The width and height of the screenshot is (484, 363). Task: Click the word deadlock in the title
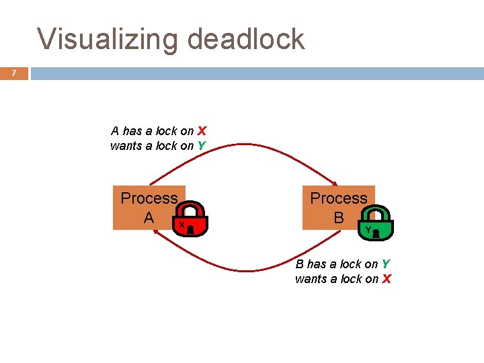(x=245, y=39)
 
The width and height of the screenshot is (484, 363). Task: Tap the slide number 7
(x=13, y=73)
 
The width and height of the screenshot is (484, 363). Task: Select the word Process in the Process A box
(x=149, y=198)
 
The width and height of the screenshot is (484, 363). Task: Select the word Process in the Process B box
(x=338, y=198)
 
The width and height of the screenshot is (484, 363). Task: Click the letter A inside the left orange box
(x=149, y=218)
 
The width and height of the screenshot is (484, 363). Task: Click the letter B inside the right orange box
(x=338, y=218)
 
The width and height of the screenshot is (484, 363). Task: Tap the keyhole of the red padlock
(x=190, y=229)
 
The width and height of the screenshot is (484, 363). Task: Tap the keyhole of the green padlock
(x=376, y=233)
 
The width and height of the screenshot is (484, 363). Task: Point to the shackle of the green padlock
(x=378, y=212)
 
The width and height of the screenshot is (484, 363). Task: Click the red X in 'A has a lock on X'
(x=202, y=131)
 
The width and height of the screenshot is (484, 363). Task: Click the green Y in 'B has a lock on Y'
(x=385, y=264)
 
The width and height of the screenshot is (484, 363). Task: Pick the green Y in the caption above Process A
(x=201, y=146)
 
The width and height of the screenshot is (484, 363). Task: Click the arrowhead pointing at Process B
(x=334, y=182)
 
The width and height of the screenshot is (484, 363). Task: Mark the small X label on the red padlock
(x=182, y=225)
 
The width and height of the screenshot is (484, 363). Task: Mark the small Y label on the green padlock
(x=368, y=229)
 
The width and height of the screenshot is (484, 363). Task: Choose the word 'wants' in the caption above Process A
(x=126, y=146)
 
